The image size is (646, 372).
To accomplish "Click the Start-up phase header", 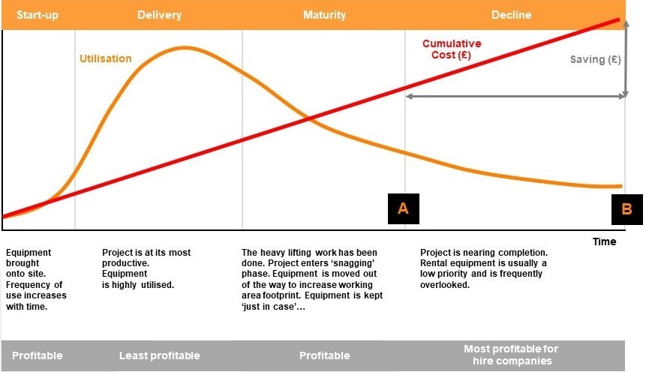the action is coord(38,15).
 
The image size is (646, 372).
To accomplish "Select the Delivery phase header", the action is coord(160,15).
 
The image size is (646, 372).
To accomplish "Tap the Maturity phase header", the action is coord(324,15).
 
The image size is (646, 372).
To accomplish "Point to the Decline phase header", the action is coord(511,15).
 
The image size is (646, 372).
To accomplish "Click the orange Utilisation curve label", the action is coord(106,58).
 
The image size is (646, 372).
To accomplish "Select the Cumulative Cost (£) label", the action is coord(452,49).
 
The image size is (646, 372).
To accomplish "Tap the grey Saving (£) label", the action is coord(595,60).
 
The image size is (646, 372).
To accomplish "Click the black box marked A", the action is coord(404,208).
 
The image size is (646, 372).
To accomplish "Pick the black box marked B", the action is coord(626,209).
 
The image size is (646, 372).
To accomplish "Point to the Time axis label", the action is coord(605,241).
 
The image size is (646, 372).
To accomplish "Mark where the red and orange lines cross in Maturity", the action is coord(309,119).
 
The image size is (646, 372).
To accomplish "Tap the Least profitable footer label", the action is coord(160,355).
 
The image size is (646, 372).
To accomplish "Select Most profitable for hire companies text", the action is coord(511,355).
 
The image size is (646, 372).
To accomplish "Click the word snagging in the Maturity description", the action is coord(359,262).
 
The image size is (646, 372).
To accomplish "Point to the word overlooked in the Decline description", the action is coord(444,285).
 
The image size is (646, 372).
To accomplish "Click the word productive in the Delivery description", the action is coord(125,263).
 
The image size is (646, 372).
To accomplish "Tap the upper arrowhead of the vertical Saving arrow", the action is coord(626,23).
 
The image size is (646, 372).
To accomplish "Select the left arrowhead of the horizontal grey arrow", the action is coord(409,97).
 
